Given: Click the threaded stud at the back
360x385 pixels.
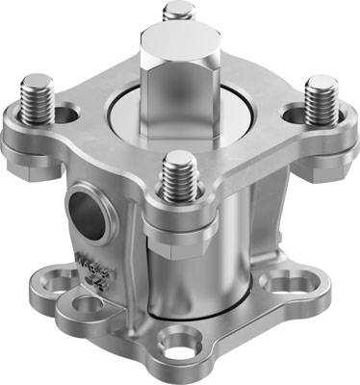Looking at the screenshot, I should point(178,13).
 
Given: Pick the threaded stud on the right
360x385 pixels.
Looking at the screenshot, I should point(321,99).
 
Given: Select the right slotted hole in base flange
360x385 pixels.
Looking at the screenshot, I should point(285,282).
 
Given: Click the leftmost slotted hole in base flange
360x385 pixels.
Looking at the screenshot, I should point(60,280).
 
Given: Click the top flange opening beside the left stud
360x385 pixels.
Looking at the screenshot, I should point(67,116).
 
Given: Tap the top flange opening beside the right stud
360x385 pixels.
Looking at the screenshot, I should point(294,113).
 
